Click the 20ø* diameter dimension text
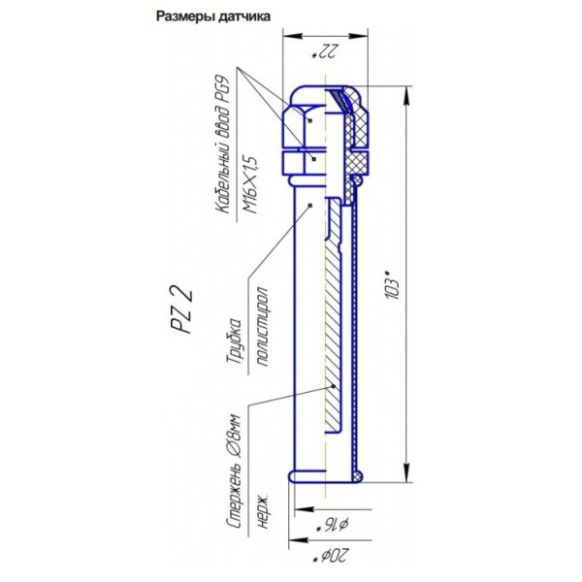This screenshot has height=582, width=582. click(x=325, y=559)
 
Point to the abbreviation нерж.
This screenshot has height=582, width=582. click(x=262, y=502)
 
